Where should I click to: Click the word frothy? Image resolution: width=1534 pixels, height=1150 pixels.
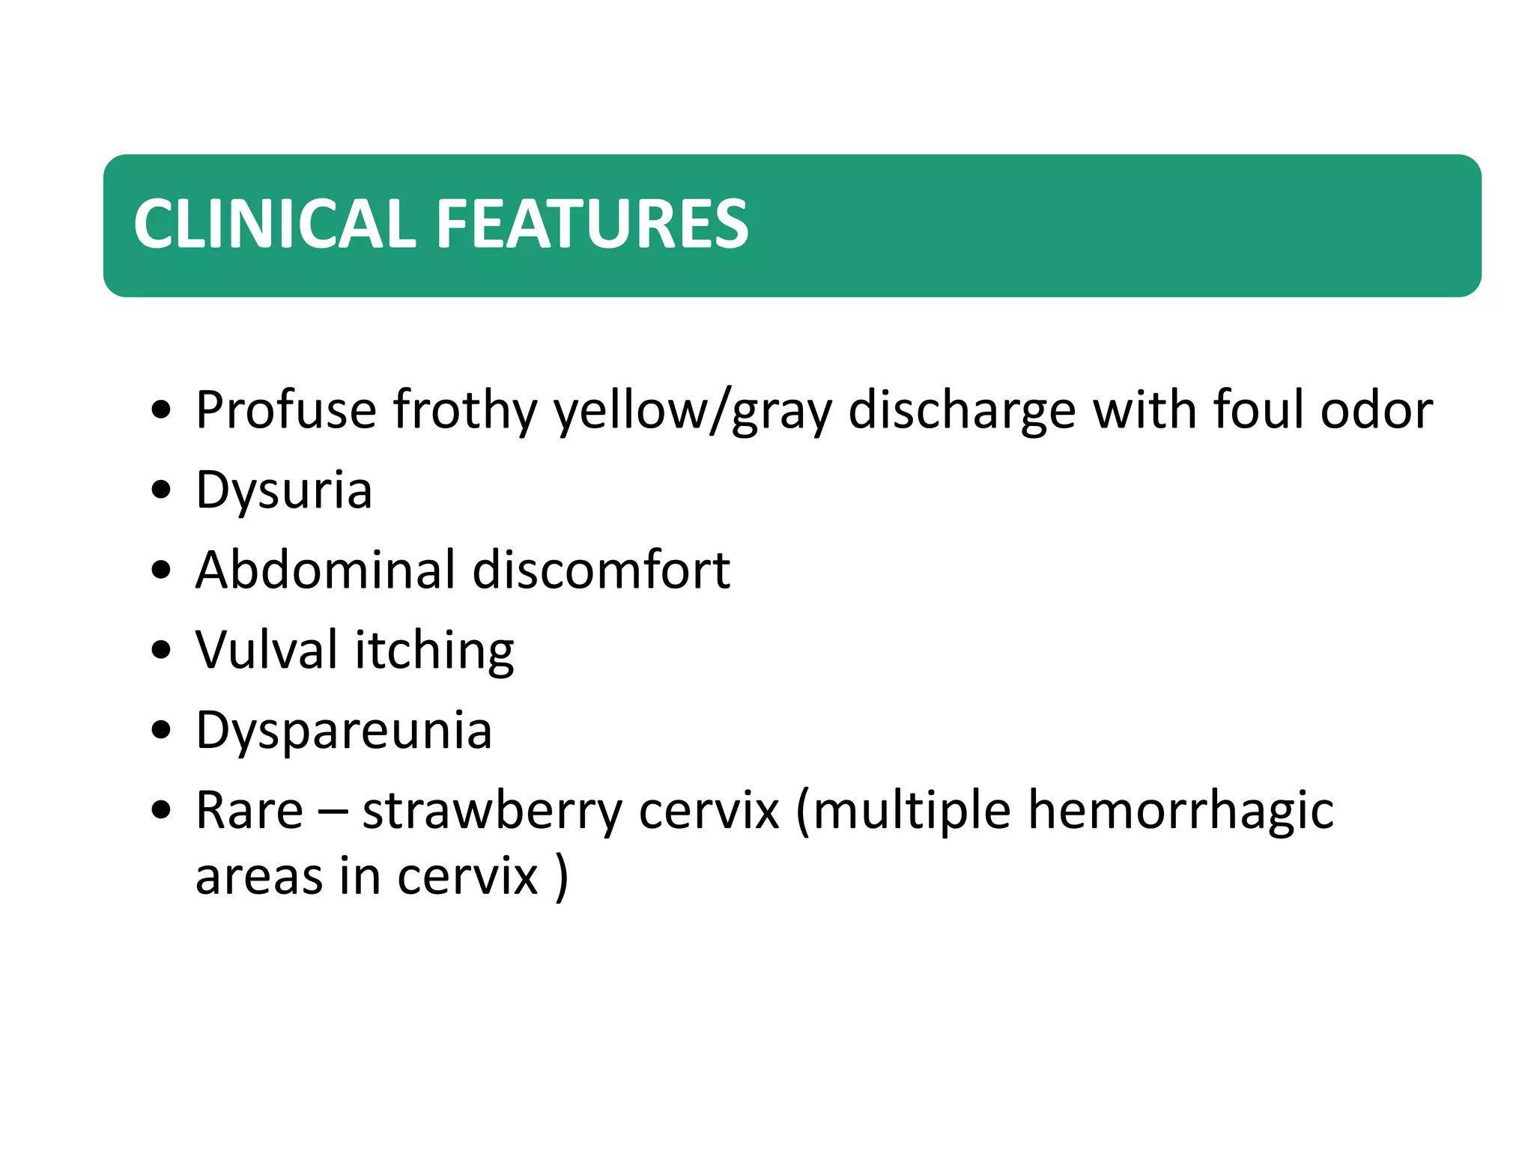coord(465,411)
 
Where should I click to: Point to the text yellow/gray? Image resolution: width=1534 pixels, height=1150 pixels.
coord(693,411)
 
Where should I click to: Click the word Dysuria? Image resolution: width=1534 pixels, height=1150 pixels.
coord(284,491)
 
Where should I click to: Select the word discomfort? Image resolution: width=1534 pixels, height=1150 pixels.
coord(601,570)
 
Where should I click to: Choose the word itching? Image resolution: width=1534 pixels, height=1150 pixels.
coord(434,651)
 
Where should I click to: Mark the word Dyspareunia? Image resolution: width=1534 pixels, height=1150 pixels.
coord(344,731)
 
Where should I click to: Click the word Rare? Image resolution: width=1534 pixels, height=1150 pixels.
coord(249,810)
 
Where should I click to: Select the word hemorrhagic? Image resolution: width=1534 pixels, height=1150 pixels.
coord(1180,810)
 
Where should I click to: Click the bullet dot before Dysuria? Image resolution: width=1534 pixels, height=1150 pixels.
coord(161,491)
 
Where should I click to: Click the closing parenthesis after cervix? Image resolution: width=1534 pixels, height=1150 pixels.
coord(562,876)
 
